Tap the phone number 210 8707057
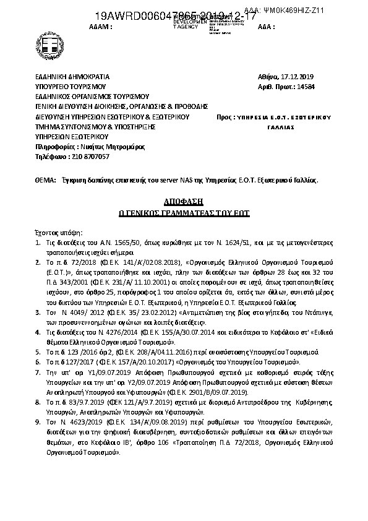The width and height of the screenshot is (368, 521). point(83,157)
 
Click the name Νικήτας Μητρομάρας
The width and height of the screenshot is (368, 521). point(111,147)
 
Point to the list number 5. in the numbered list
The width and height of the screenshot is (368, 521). point(37,350)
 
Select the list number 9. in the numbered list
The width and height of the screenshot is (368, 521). point(37,421)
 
